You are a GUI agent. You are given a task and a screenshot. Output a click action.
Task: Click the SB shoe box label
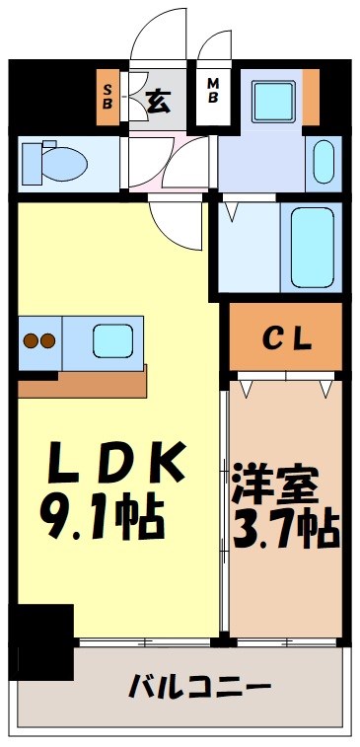pos(108,98)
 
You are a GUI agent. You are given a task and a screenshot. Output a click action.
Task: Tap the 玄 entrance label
pos(157,99)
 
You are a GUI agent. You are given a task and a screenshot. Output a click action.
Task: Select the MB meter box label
pos(212,98)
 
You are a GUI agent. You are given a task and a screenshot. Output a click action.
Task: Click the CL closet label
pos(287,338)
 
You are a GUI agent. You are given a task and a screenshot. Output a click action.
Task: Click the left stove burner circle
pos(30,342)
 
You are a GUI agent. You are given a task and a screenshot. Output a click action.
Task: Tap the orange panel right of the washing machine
pos(312,98)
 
